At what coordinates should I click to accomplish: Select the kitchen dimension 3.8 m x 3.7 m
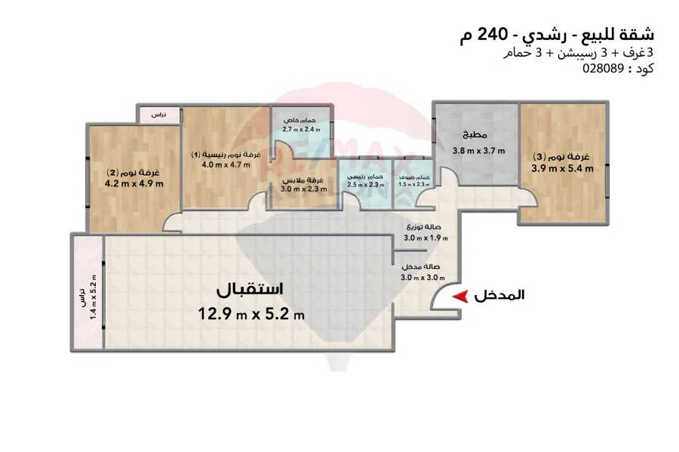click(478, 151)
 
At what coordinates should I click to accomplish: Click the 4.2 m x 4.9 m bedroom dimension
click(134, 183)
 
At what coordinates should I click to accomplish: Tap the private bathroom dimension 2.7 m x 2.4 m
click(300, 130)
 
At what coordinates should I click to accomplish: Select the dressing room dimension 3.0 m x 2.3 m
click(304, 190)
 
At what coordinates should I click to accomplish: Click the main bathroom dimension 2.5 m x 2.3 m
click(364, 184)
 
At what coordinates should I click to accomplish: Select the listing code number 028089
click(604, 68)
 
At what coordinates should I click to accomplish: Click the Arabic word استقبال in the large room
click(250, 290)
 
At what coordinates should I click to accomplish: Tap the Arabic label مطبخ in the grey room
click(478, 137)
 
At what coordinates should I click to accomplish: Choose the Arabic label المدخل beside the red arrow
click(499, 297)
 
